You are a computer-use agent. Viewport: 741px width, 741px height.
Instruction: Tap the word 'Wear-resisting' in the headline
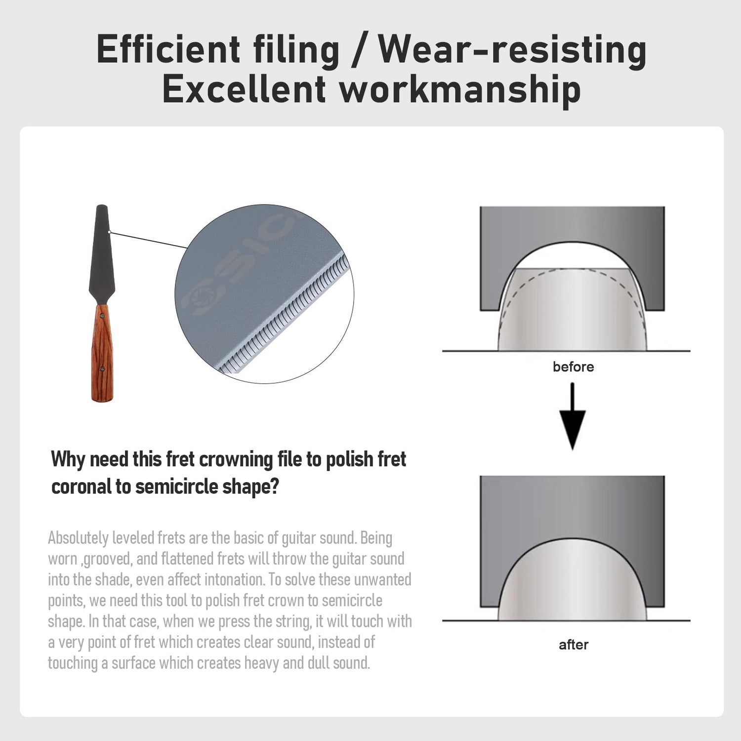click(512, 49)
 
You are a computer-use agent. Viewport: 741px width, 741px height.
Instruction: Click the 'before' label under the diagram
click(573, 367)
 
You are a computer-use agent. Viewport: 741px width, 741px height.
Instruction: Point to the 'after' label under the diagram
click(574, 645)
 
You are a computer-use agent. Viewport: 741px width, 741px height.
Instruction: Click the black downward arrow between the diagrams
click(572, 416)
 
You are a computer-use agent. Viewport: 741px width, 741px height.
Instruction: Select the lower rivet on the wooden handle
click(103, 368)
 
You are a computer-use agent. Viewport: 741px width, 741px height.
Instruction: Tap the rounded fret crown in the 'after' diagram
click(572, 578)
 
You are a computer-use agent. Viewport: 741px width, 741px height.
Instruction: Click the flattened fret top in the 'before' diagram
click(572, 269)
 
